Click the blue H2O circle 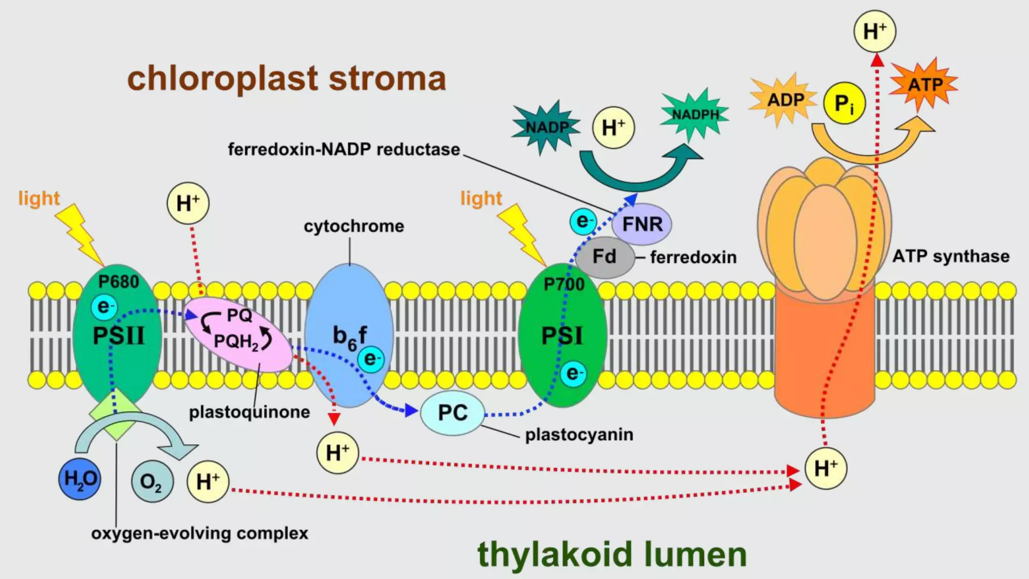pos(79,478)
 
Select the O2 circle pos(152,481)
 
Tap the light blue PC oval pos(452,413)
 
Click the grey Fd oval pos(604,257)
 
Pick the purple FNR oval pos(642,224)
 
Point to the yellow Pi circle pos(844,104)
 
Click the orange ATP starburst pos(924,84)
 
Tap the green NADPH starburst pos(695,115)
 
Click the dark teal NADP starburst pos(547,128)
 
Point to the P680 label pos(119,282)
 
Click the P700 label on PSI pos(564,284)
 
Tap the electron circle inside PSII pos(104,307)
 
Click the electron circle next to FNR pos(583,222)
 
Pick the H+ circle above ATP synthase pos(875,32)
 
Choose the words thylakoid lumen pos(612,554)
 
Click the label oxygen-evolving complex pos(199,533)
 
